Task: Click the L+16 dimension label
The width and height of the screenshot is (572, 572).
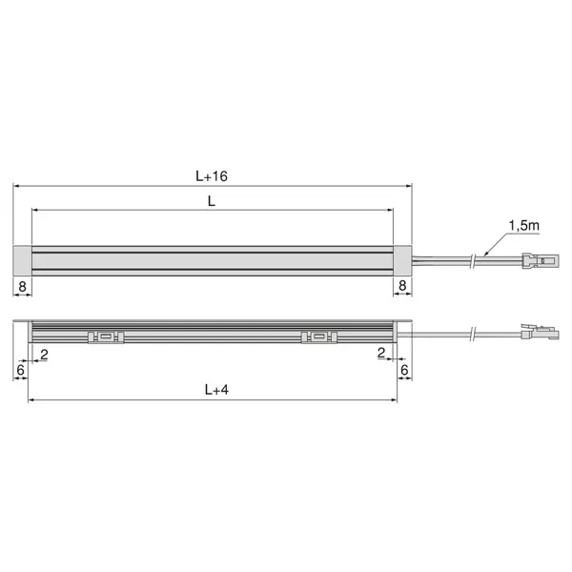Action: (211, 175)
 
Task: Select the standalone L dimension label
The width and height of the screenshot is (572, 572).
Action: (211, 200)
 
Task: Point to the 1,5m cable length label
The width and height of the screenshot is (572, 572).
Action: (523, 225)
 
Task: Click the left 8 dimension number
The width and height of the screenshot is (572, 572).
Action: (21, 284)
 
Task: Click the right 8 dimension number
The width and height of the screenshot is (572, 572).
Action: (402, 284)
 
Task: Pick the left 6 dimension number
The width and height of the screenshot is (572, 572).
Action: (19, 368)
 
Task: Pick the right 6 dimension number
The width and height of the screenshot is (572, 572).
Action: (404, 368)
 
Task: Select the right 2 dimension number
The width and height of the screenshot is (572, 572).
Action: (381, 354)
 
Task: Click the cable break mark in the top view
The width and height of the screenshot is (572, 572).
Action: (474, 258)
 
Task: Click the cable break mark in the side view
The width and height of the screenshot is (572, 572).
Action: (474, 334)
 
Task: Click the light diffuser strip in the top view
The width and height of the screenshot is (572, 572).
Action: (212, 259)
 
